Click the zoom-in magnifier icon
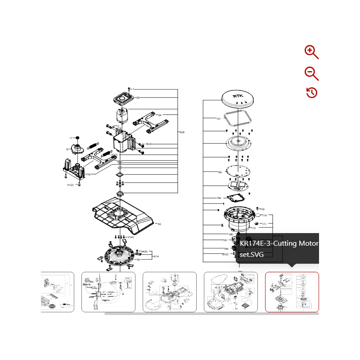click(311, 52)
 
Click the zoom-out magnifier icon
click(311, 73)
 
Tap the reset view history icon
click(311, 93)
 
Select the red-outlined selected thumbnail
click(292, 292)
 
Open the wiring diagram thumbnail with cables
click(108, 292)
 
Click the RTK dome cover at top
click(238, 98)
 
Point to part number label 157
click(218, 119)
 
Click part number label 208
click(182, 132)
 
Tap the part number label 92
click(159, 224)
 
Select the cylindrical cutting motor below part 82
click(121, 116)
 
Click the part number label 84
click(159, 115)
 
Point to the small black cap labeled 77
click(77, 137)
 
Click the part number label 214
click(156, 256)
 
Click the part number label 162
click(219, 198)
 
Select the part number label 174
click(264, 216)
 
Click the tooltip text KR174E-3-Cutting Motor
click(279, 243)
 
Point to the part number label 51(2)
click(70, 185)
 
